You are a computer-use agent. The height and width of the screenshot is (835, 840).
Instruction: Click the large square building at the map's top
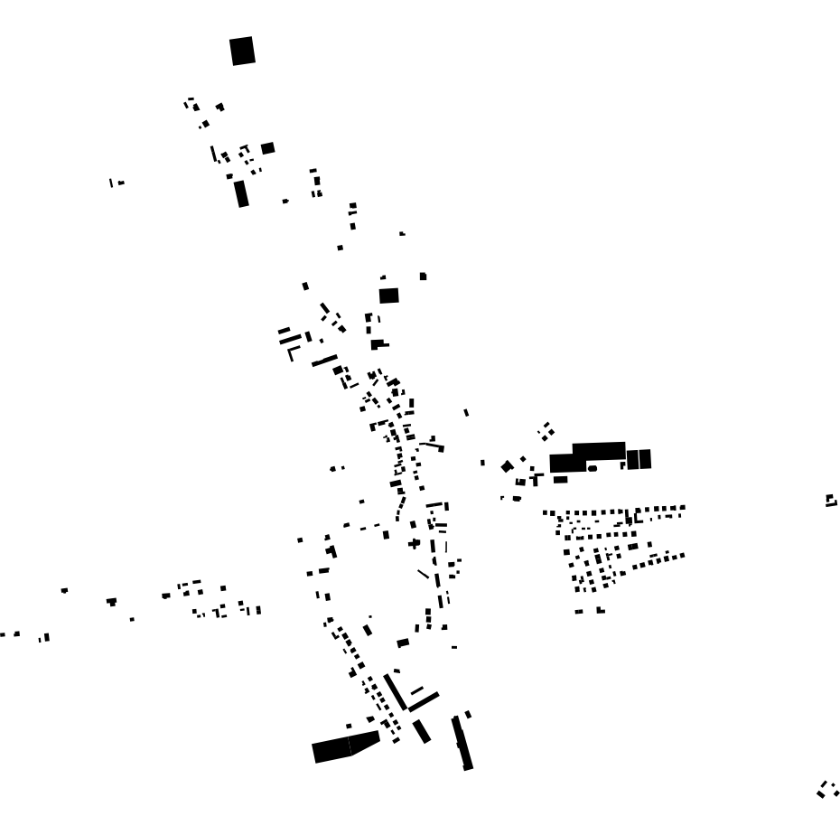tap(242, 51)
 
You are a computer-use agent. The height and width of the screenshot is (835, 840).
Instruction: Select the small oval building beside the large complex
tap(593, 468)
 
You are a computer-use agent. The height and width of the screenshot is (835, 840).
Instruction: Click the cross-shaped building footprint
tap(414, 543)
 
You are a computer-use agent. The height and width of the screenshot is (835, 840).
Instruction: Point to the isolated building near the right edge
tap(831, 500)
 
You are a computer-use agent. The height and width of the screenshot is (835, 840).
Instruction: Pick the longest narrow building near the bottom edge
tap(462, 743)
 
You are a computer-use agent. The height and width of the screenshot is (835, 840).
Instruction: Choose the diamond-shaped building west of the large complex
tap(507, 466)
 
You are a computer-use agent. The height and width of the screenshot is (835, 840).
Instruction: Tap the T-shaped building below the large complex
tap(536, 478)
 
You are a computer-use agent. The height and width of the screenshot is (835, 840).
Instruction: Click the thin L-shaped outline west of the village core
tap(291, 353)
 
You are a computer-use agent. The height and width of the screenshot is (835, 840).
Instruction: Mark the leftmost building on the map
tap(4, 634)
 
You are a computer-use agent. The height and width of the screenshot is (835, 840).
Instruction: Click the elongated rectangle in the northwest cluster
tap(240, 193)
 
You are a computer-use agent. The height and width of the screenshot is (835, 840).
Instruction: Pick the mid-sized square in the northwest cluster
tap(267, 148)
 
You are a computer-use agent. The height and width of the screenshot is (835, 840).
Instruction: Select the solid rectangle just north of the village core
tap(388, 296)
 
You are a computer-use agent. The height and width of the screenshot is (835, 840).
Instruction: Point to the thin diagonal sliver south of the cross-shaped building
tap(423, 574)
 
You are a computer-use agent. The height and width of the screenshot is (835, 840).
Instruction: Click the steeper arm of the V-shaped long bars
tap(395, 691)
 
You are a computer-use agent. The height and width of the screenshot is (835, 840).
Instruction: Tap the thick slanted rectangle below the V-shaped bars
tap(421, 730)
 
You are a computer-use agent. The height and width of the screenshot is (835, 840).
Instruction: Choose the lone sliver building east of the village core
tap(466, 412)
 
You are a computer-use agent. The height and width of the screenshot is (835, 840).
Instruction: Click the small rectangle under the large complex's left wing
tap(560, 479)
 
